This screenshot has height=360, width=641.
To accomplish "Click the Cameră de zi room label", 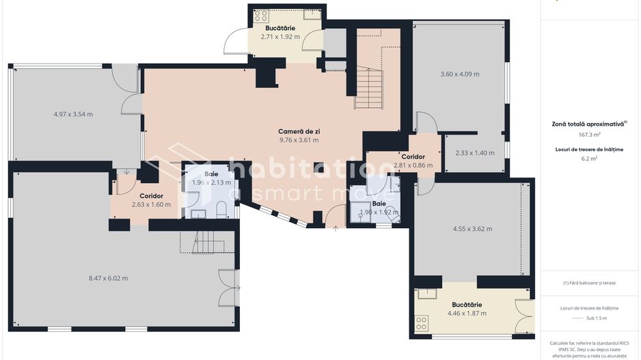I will pos(299,131).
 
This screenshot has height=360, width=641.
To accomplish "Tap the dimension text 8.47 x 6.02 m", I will pos(108,278).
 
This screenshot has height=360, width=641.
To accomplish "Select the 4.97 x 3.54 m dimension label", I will pos(73,114).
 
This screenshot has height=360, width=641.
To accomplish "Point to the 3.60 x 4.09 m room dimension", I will pos(459,74).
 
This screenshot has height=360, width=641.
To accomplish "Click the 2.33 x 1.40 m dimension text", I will pos(474,153).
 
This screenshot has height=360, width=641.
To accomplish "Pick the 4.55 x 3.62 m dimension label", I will pos(472,229).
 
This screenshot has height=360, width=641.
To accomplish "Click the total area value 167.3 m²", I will pos(588,135).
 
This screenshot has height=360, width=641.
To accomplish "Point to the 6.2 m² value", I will pos(588,158).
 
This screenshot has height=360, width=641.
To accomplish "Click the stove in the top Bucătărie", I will pos(261,16).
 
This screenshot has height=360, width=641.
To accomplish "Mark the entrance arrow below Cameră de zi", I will pos(335,229).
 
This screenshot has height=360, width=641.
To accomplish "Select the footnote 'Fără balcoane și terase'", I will pos(588,282).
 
